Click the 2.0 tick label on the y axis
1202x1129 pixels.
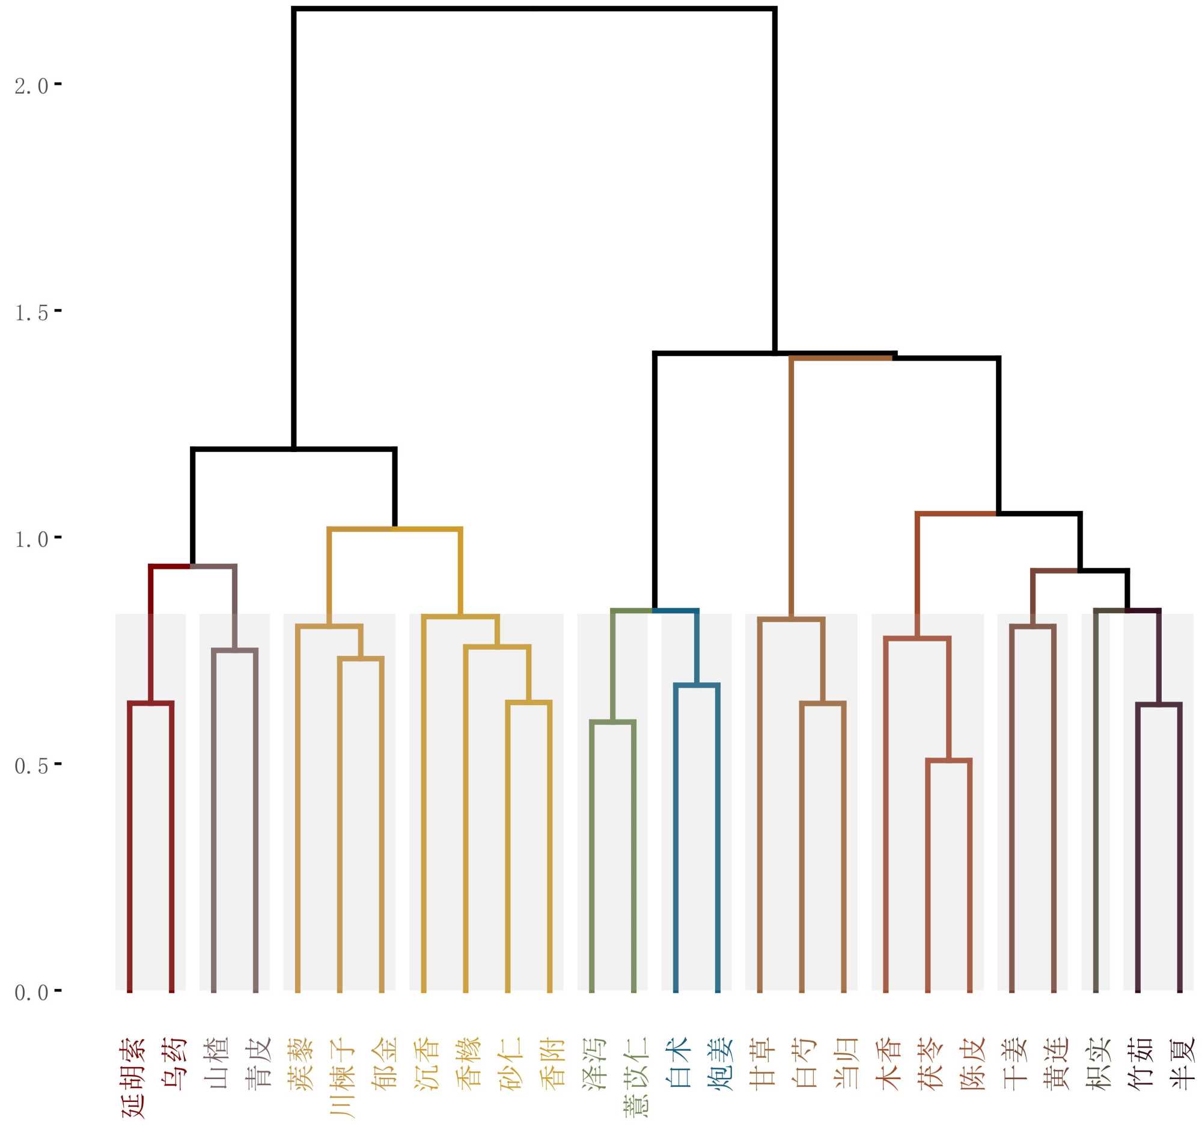pos(31,87)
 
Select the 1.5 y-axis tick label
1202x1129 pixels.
pos(31,313)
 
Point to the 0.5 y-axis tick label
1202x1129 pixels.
pos(31,766)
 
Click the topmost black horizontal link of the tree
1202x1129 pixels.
pos(534,9)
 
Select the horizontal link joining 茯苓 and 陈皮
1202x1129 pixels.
pos(949,760)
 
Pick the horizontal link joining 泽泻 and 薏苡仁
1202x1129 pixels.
pos(613,722)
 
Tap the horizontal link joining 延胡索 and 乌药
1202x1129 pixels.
pos(151,703)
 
